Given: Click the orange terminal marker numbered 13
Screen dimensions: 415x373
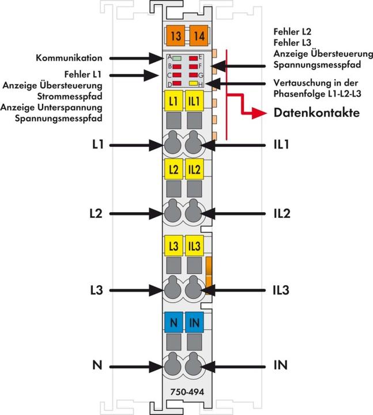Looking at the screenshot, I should pyautogui.click(x=176, y=36).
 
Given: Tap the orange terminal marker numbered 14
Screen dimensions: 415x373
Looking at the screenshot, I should pyautogui.click(x=198, y=36).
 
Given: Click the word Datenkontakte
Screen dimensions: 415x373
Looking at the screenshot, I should pyautogui.click(x=317, y=113).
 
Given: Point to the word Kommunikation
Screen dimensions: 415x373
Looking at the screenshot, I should pyautogui.click(x=69, y=58).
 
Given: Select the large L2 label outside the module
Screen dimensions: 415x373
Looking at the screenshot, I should pyautogui.click(x=96, y=214).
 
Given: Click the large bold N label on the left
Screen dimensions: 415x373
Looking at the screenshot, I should pyautogui.click(x=96, y=365).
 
